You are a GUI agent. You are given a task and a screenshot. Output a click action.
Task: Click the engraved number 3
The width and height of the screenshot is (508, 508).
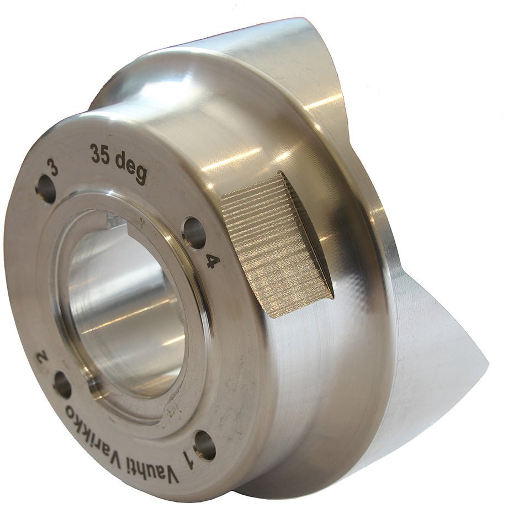(x=53, y=167)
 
